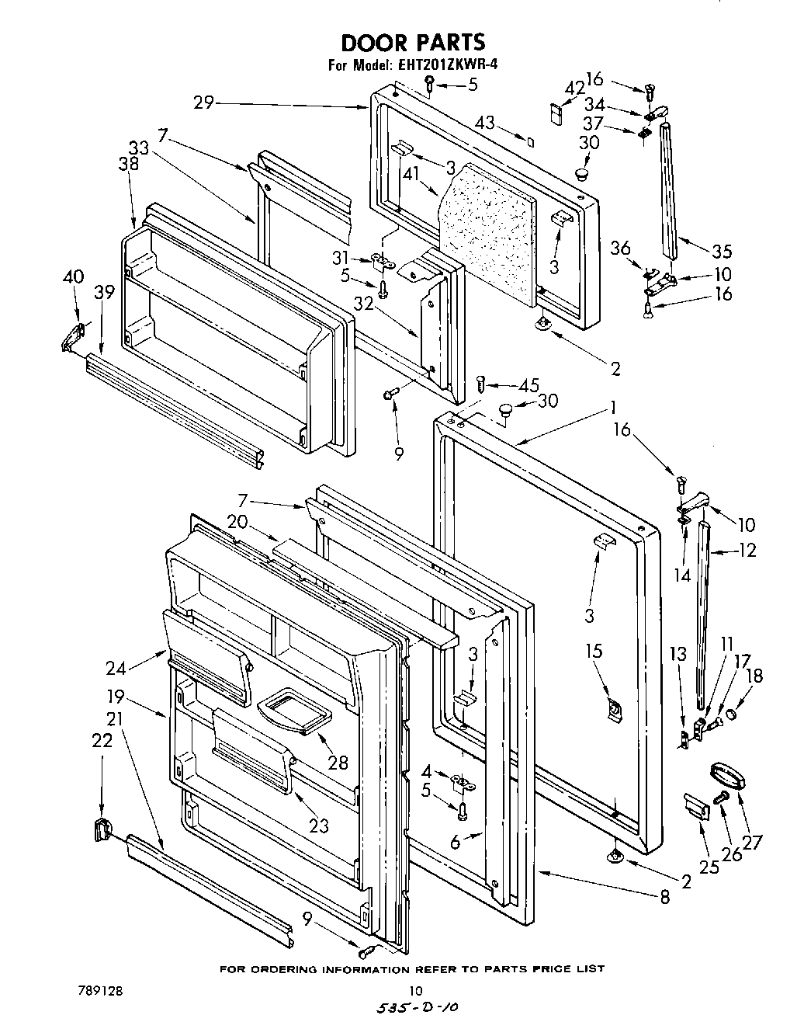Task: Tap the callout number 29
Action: point(205,103)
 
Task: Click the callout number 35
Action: point(721,251)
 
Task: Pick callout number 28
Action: point(338,762)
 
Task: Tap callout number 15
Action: point(594,651)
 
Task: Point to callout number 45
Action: point(528,386)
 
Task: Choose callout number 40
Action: point(73,276)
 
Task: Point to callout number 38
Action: point(129,164)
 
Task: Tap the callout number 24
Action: point(116,666)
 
